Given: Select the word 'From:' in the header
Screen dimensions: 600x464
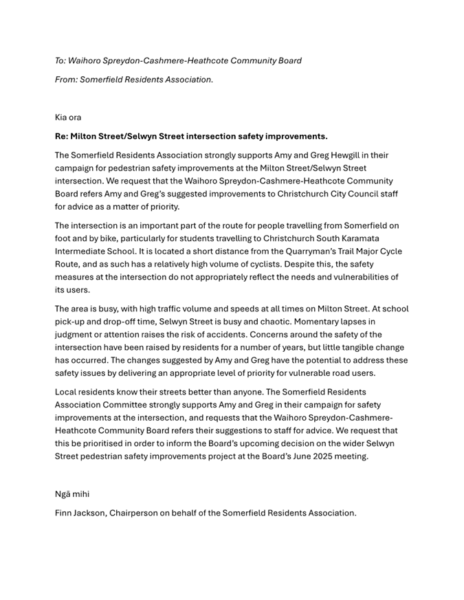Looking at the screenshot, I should point(66,80).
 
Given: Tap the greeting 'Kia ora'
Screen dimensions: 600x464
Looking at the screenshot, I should point(68,118).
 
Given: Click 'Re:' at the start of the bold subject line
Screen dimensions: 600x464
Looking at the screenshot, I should point(61,136).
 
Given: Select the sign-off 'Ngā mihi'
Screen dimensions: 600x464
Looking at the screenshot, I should point(71,493).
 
